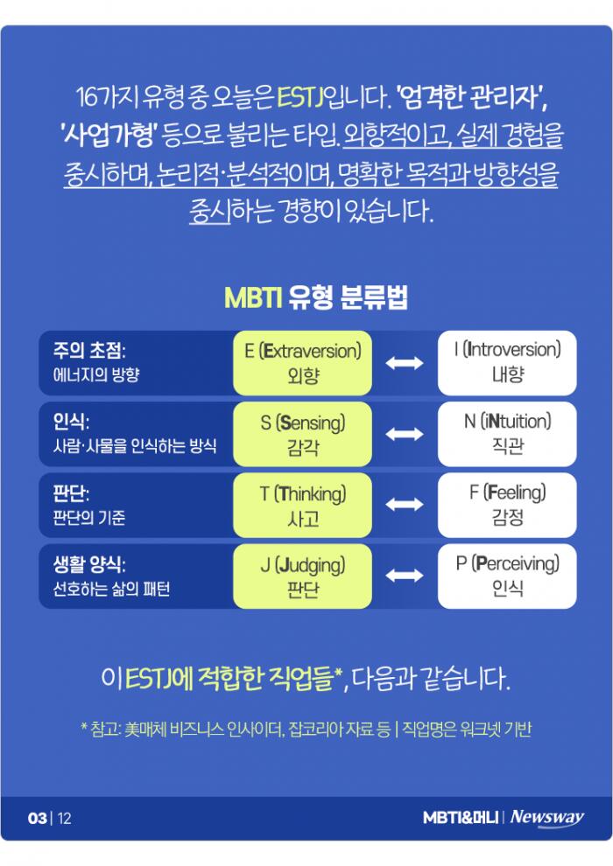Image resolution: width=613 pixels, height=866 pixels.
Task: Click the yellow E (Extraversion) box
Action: click(302, 362)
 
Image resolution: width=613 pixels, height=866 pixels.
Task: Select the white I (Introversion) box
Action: click(507, 362)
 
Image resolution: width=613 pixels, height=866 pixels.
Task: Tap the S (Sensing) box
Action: click(302, 434)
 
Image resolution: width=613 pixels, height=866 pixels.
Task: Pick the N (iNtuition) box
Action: click(507, 434)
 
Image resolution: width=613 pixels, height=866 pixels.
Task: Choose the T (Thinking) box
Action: click(302, 505)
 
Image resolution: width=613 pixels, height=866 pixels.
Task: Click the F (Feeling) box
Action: click(507, 505)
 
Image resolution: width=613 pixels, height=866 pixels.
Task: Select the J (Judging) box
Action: click(302, 576)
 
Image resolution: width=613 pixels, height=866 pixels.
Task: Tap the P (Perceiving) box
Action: click(507, 576)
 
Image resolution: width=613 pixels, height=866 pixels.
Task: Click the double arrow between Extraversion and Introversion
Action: click(404, 363)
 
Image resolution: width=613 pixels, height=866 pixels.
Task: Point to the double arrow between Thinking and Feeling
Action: click(404, 505)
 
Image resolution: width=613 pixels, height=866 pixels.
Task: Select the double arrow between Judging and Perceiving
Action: click(404, 576)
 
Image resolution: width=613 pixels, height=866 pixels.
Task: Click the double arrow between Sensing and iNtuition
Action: click(404, 434)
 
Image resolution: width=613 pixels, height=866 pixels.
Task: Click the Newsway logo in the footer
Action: click(547, 818)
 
